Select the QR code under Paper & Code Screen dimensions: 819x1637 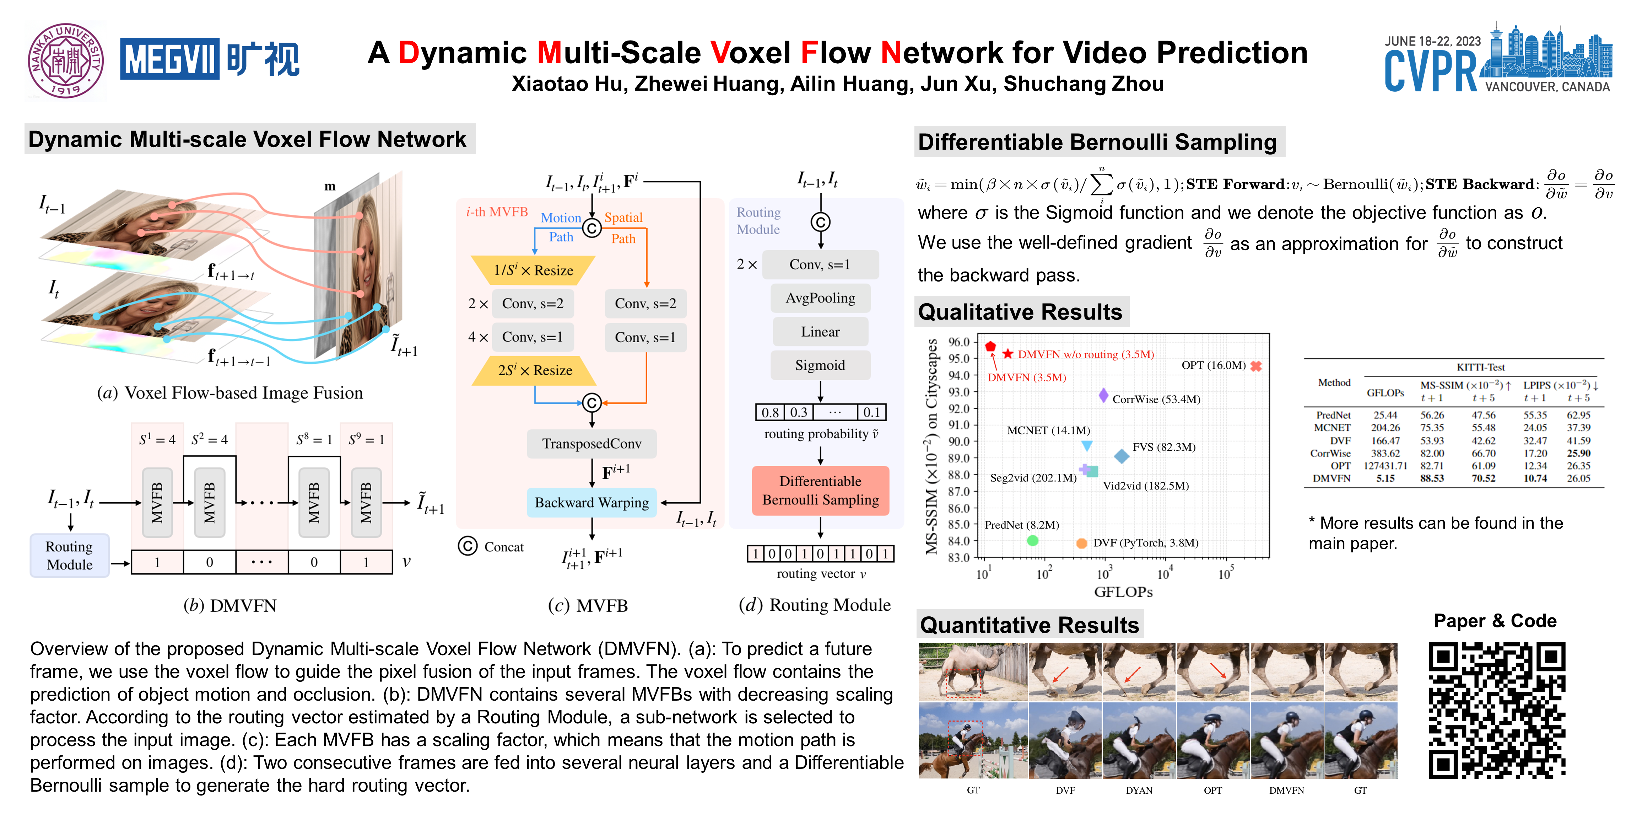[x=1497, y=710]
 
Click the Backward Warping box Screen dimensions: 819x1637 [x=591, y=502]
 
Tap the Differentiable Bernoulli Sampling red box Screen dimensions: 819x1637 [x=820, y=490]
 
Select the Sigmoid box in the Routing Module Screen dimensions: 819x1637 [x=820, y=365]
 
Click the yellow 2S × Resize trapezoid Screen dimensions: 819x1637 [x=534, y=370]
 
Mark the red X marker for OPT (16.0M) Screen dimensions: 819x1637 [x=1256, y=366]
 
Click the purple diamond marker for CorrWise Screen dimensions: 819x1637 [x=1103, y=396]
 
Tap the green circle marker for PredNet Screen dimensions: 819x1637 [x=1033, y=540]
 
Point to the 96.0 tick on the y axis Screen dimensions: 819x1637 [x=958, y=342]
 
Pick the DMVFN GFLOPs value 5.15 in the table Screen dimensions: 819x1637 [x=1385, y=478]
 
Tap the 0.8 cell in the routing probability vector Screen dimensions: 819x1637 [x=769, y=412]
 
